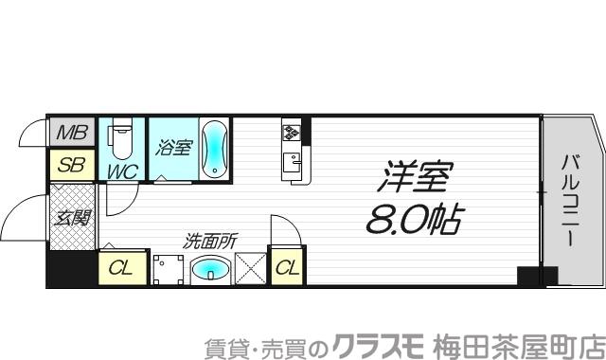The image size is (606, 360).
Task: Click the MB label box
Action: pyautogui.click(x=70, y=133)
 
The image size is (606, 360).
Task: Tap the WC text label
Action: pyautogui.click(x=121, y=171)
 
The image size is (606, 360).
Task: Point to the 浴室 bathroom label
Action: pyautogui.click(x=173, y=148)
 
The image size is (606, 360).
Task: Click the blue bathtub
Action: pyautogui.click(x=214, y=149)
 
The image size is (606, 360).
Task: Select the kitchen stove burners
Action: pyautogui.click(x=291, y=131)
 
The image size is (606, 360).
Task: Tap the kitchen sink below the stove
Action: pyautogui.click(x=292, y=159)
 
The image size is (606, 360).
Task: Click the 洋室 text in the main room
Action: pyautogui.click(x=418, y=177)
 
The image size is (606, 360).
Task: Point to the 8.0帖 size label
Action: pyautogui.click(x=413, y=220)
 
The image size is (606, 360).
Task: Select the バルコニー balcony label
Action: pyautogui.click(x=568, y=200)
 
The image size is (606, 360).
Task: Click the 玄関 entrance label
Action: pyautogui.click(x=71, y=219)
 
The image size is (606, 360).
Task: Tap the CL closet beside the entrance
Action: pyautogui.click(x=121, y=268)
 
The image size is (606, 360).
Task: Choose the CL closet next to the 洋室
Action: pyautogui.click(x=287, y=268)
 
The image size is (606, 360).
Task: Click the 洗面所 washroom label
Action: pyautogui.click(x=210, y=241)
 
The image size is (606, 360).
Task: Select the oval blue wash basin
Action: pyautogui.click(x=210, y=270)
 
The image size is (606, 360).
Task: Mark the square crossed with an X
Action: pyautogui.click(x=251, y=268)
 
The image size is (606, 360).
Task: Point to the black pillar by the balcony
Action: pyautogui.click(x=527, y=276)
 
